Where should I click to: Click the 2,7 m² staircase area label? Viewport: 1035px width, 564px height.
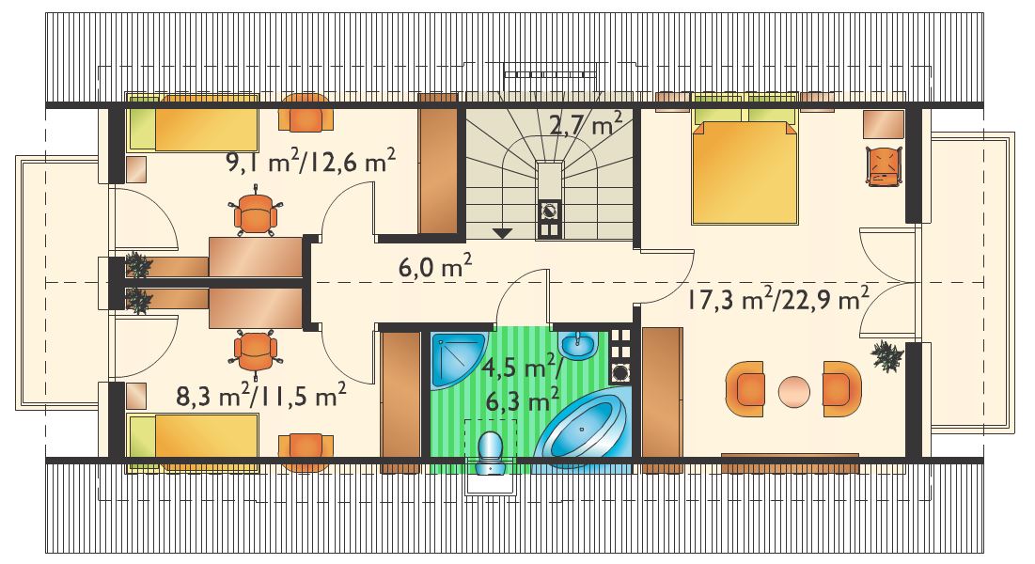click(586, 124)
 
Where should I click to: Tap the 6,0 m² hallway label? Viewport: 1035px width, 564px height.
click(435, 268)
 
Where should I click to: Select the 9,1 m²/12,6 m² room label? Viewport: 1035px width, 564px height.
click(311, 162)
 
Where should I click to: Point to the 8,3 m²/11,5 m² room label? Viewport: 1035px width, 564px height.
click(261, 397)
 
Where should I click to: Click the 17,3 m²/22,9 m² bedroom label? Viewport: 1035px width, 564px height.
click(776, 300)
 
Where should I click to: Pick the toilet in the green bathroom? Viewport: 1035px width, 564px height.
click(491, 452)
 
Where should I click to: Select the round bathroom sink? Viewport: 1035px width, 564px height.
click(578, 345)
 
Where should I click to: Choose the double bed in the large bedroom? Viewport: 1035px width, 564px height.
click(745, 164)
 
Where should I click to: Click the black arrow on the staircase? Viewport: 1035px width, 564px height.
click(503, 232)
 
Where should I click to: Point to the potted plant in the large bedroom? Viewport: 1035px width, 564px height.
click(887, 356)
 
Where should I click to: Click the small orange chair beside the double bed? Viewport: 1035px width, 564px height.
click(884, 166)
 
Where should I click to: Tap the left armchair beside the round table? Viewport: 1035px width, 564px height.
click(745, 388)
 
